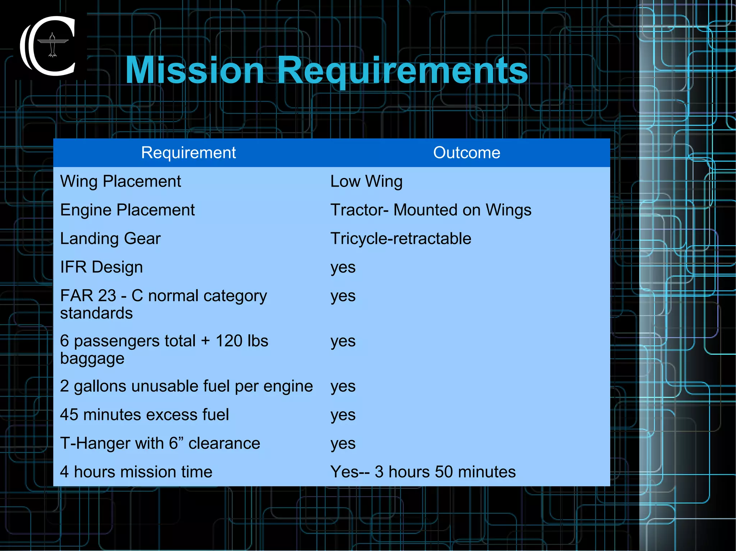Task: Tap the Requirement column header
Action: pos(188,153)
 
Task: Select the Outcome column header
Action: pos(466,153)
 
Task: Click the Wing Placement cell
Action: pos(120,181)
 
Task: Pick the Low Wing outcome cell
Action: pos(366,181)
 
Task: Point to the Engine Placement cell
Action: pos(127,210)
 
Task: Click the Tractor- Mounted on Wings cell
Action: pos(431,210)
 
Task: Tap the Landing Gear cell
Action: pos(110,239)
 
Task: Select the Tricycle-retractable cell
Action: pos(401,239)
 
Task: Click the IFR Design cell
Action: pos(101,267)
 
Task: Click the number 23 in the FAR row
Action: pos(107,296)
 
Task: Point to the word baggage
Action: pos(92,359)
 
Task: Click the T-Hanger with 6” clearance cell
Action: pos(160,443)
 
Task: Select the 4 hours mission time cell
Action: pos(136,472)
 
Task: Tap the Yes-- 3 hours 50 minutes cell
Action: pos(423,472)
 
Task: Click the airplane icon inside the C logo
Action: pos(52,45)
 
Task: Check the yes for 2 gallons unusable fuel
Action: pos(343,387)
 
